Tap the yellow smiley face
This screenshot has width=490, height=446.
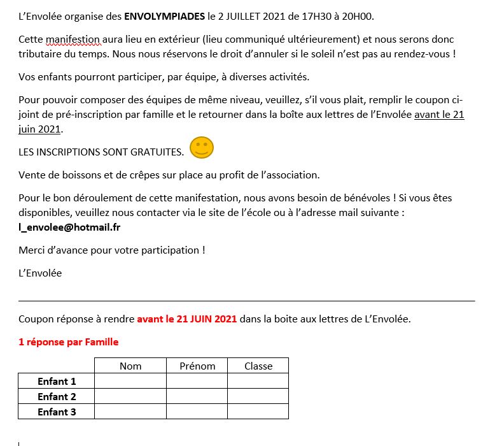point(202,148)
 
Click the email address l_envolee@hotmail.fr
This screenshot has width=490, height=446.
point(69,226)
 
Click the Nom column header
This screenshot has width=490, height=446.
point(130,366)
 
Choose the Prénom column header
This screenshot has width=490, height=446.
point(197,366)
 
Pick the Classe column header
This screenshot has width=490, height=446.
point(258,366)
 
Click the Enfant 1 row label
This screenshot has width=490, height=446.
point(57,381)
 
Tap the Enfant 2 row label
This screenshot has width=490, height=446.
point(57,396)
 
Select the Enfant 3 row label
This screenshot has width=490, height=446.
point(57,412)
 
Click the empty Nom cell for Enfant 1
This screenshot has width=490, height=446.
point(130,381)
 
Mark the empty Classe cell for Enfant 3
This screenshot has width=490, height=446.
point(258,412)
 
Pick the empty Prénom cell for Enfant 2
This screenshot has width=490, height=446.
point(197,396)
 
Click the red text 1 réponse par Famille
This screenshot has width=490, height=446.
point(68,342)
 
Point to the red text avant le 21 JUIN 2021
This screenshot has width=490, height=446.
point(186,319)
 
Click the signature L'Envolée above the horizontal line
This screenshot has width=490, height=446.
point(40,273)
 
